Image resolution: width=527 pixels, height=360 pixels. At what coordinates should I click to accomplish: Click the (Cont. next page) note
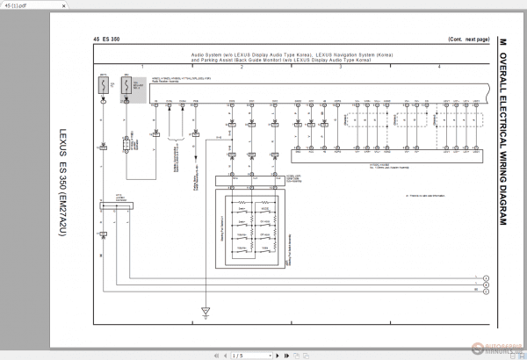(468, 40)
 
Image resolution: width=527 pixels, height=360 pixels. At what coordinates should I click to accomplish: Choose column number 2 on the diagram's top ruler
(241, 66)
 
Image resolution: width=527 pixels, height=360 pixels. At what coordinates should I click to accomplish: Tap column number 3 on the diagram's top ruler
(339, 66)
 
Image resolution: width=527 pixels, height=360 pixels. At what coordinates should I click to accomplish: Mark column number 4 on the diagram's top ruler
(438, 66)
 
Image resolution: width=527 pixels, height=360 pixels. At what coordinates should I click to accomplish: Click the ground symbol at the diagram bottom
(206, 310)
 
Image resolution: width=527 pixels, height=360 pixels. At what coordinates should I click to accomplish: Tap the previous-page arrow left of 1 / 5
(219, 355)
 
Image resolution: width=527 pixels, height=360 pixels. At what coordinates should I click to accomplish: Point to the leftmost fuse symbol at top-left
(103, 86)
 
